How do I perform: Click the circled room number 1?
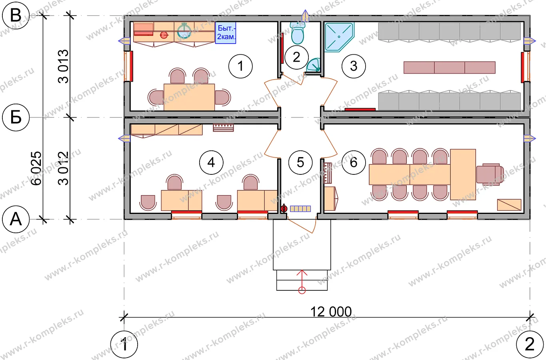(x=240, y=66)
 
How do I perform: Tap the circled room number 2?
(x=296, y=57)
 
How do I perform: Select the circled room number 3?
(x=354, y=66)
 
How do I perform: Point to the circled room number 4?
(x=211, y=162)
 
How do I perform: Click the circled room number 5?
(x=300, y=162)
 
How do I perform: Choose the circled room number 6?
(x=354, y=162)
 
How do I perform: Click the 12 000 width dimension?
(x=331, y=312)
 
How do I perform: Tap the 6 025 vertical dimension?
(x=36, y=168)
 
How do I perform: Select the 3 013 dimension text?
(x=63, y=66)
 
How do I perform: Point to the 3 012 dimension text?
(x=63, y=168)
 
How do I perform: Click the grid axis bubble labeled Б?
(x=16, y=118)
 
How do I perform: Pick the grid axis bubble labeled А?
(x=16, y=219)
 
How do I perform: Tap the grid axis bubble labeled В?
(x=16, y=15)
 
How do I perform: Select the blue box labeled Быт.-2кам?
(x=226, y=33)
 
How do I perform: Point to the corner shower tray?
(x=339, y=37)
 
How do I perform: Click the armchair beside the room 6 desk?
(x=490, y=174)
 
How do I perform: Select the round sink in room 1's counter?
(x=184, y=31)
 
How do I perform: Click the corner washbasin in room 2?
(x=314, y=65)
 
